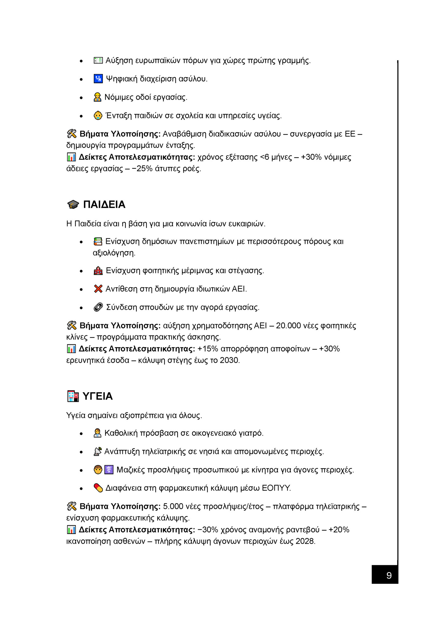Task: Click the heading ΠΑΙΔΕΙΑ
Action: (x=104, y=205)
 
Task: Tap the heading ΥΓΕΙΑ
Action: (x=98, y=396)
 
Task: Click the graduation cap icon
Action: (x=73, y=205)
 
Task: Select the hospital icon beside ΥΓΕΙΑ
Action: (x=73, y=396)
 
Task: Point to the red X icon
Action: (x=98, y=289)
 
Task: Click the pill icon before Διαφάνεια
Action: (x=98, y=488)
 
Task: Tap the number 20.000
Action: (x=288, y=326)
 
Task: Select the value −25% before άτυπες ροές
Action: (x=143, y=169)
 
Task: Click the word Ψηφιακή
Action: (x=121, y=79)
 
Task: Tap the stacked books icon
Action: (x=98, y=242)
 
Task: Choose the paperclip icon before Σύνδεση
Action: (x=98, y=307)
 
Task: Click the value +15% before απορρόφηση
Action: (x=208, y=349)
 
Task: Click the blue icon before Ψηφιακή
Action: (x=98, y=79)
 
